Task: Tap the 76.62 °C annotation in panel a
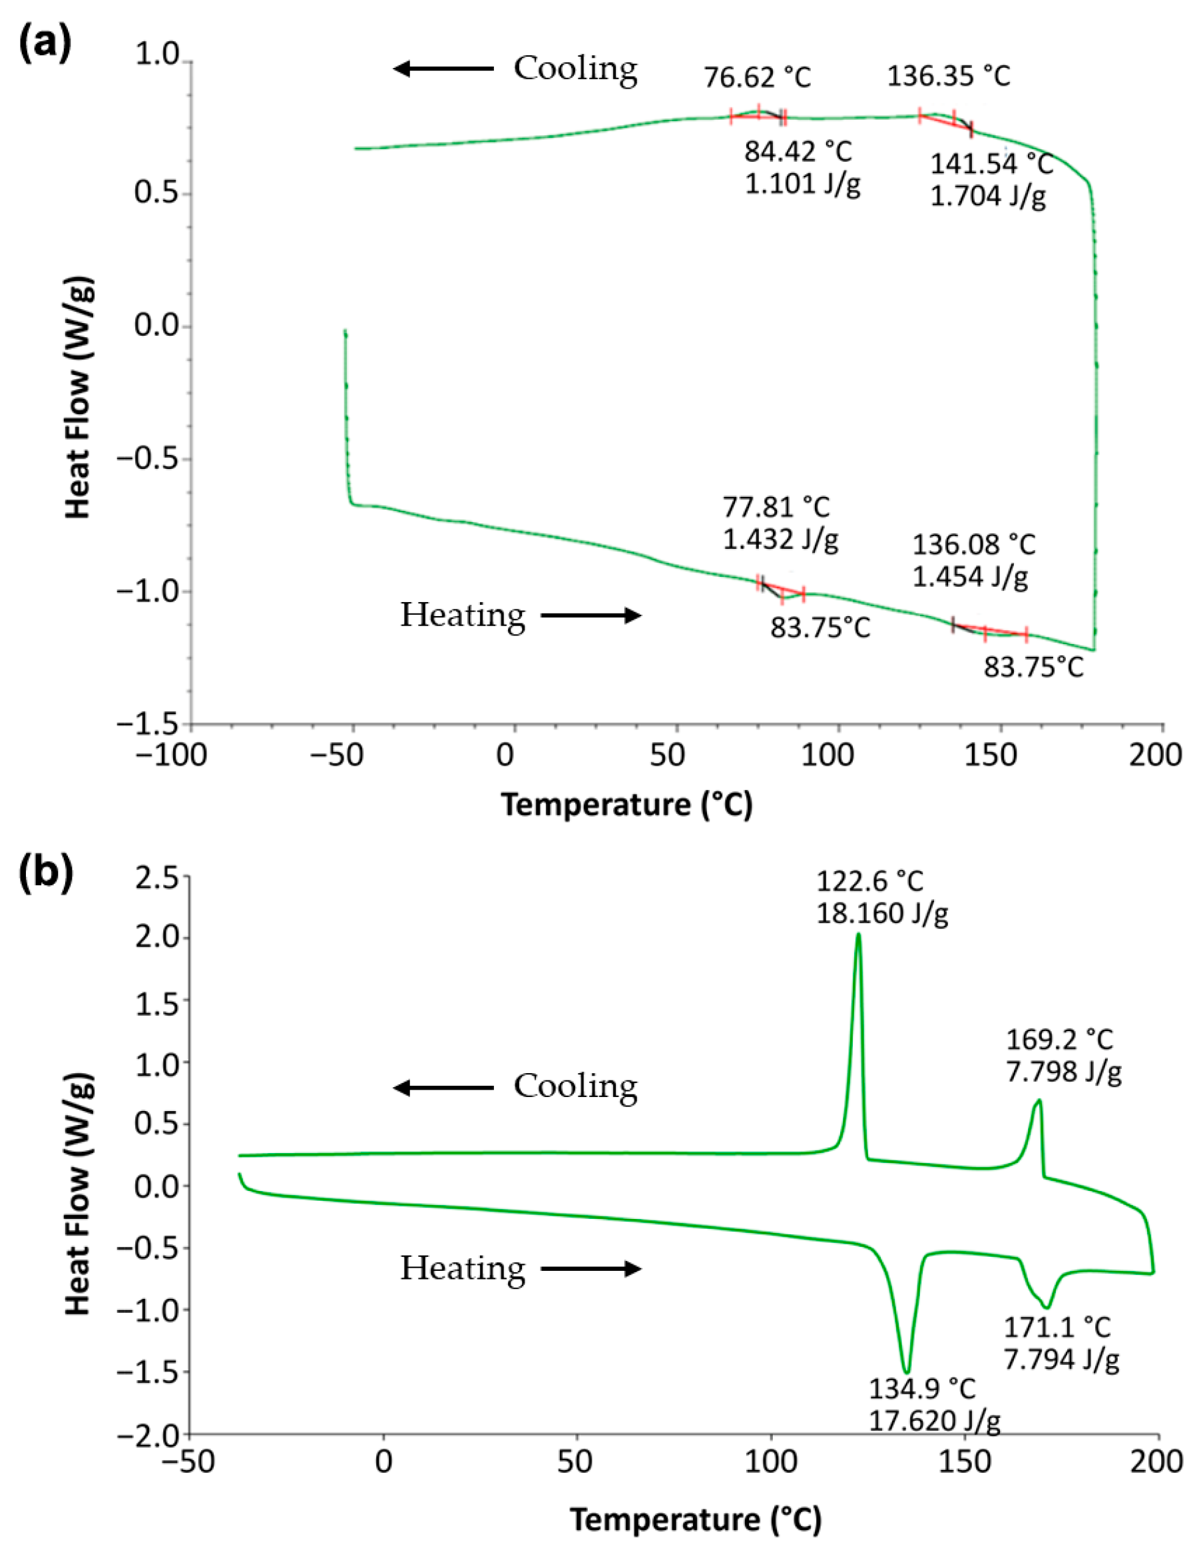tap(757, 77)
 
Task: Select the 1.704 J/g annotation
tap(987, 196)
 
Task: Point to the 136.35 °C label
tap(949, 76)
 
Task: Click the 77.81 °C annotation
tap(776, 508)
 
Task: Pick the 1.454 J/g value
tap(969, 577)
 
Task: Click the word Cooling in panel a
tap(575, 69)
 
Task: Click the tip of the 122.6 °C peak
tap(858, 935)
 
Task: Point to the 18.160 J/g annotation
tap(881, 913)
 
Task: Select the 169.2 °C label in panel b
tap(1059, 1040)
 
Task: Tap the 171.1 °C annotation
tap(1056, 1327)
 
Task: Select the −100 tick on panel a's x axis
tap(172, 755)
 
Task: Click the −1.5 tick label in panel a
tap(156, 724)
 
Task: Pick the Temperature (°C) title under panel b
tap(696, 1520)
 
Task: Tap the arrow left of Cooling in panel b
tap(443, 1088)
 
